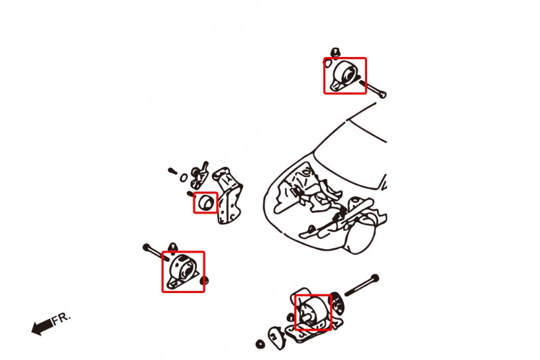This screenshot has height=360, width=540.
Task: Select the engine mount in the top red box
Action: click(345, 75)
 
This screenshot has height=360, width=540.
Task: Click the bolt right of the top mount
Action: click(374, 89)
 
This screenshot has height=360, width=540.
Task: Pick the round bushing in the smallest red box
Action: click(206, 202)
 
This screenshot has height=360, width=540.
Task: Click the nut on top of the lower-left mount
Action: click(173, 248)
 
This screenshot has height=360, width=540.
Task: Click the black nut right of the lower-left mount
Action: click(204, 280)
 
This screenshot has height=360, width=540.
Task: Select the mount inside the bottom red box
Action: click(311, 312)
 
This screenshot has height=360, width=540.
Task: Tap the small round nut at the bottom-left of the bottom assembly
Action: click(259, 345)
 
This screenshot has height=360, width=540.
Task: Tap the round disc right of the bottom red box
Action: click(339, 306)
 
